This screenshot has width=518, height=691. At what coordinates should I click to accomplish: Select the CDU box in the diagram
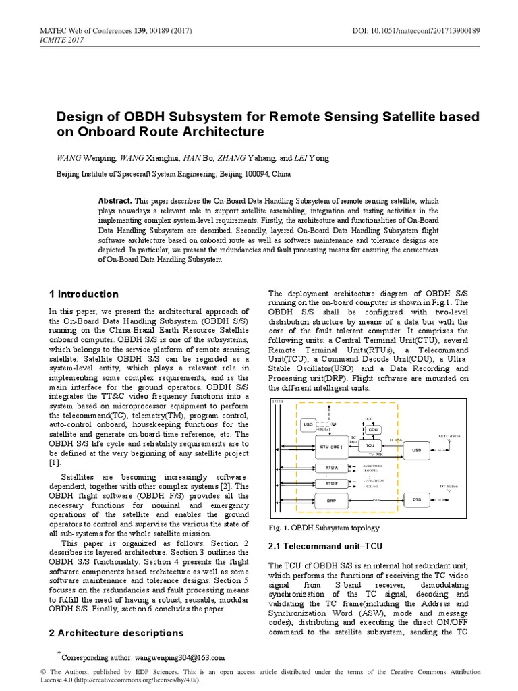coord(373,429)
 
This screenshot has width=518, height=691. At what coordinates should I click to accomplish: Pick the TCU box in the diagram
coord(369,446)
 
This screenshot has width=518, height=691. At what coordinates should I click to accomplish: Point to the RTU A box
coord(330,466)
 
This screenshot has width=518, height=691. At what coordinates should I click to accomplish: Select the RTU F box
coord(330,483)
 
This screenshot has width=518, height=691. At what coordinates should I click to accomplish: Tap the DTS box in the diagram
coord(416,499)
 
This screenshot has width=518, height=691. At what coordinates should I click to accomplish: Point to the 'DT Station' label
coord(449,486)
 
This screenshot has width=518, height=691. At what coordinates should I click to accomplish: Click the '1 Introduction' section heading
coord(84,294)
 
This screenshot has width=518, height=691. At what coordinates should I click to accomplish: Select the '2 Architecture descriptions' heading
coord(116,633)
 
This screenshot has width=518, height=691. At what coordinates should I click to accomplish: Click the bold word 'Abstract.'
coord(115,201)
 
